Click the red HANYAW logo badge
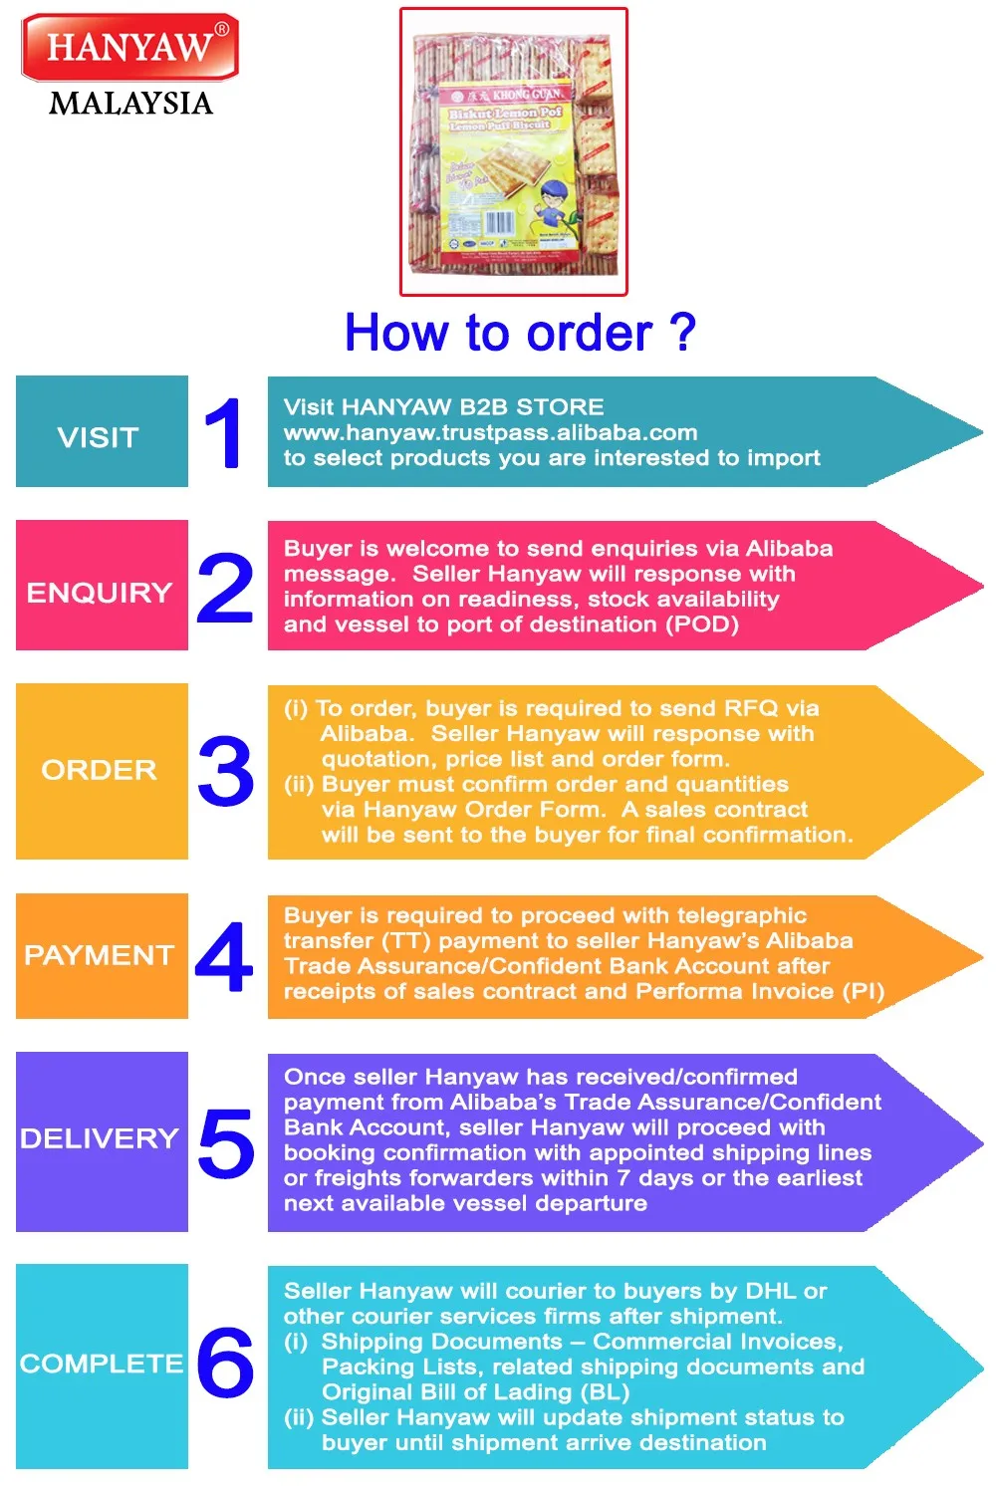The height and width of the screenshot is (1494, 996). click(129, 47)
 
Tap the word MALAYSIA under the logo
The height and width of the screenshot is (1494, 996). click(130, 104)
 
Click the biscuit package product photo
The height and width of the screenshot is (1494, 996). click(514, 152)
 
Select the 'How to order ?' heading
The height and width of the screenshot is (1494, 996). click(519, 333)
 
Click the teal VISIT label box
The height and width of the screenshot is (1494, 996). click(102, 431)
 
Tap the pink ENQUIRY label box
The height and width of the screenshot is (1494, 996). click(102, 586)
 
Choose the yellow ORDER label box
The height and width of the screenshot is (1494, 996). click(102, 771)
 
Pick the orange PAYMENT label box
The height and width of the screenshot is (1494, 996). click(102, 956)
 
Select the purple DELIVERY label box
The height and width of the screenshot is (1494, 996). click(102, 1141)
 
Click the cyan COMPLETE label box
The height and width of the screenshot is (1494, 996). click(102, 1366)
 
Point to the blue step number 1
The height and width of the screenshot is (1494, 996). click(225, 433)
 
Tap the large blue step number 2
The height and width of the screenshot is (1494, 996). click(226, 588)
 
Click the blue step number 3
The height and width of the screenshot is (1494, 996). click(226, 771)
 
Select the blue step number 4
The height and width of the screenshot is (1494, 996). click(224, 957)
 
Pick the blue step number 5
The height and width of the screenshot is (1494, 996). click(226, 1142)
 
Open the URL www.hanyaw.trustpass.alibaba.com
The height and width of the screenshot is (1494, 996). click(490, 432)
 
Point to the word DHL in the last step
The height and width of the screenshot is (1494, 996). click(771, 1291)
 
